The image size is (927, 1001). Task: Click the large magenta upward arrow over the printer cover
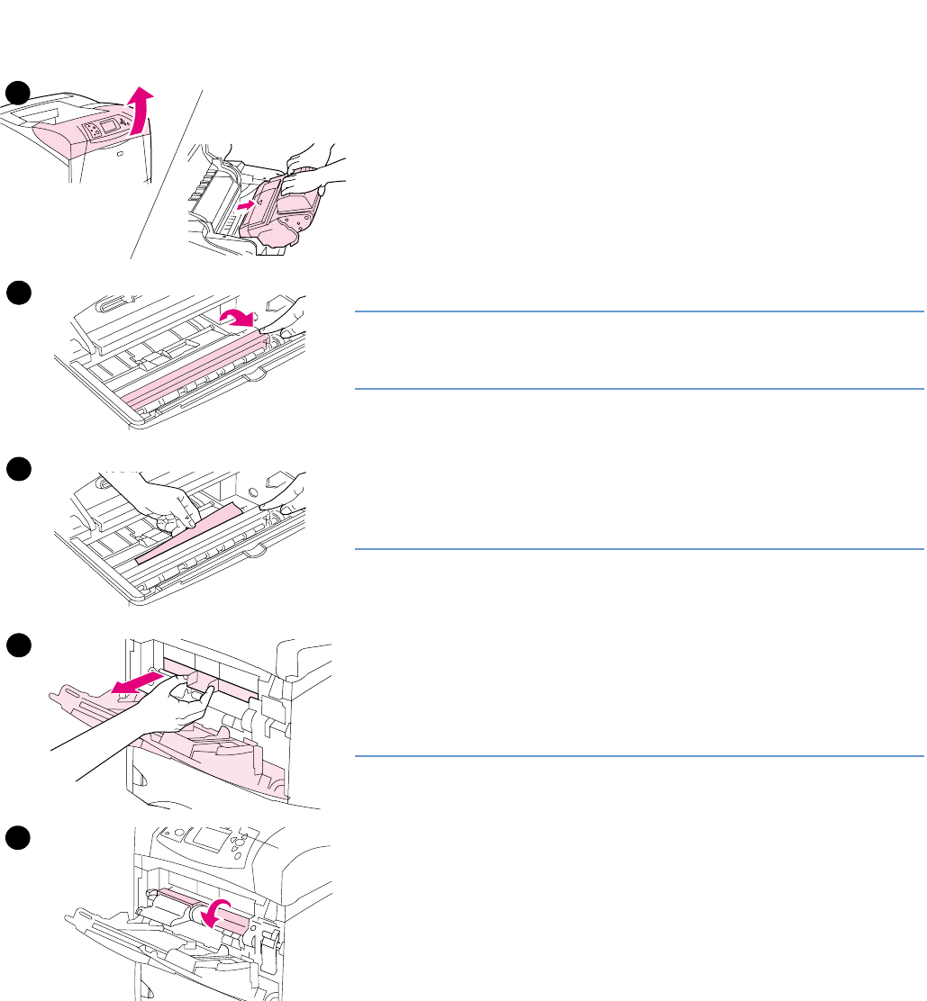(138, 110)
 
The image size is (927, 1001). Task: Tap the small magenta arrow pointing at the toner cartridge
(241, 206)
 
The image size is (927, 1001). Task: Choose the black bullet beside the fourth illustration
(18, 645)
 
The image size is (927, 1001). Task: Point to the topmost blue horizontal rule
(639, 311)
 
